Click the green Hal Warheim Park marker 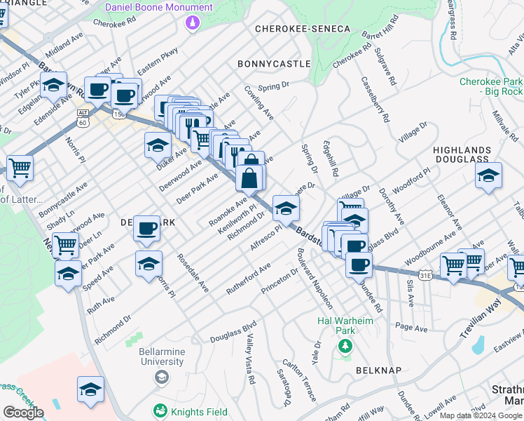pyautogui.click(x=344, y=346)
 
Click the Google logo pyautogui.click(x=23, y=413)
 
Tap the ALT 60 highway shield pyautogui.click(x=83, y=118)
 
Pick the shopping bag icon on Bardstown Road pyautogui.click(x=250, y=179)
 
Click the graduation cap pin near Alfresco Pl pyautogui.click(x=285, y=208)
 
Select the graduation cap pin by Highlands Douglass pyautogui.click(x=489, y=176)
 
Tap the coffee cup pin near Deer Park pyautogui.click(x=146, y=228)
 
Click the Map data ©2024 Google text pyautogui.click(x=481, y=415)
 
